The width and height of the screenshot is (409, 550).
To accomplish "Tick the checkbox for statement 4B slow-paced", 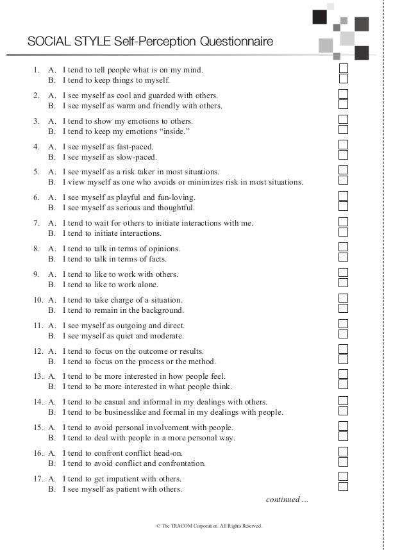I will tap(344, 156).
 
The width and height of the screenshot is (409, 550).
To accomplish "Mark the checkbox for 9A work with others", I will tap(344, 273).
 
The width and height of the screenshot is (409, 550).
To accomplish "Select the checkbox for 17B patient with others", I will tap(344, 487).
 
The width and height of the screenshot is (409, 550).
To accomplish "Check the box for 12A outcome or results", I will tap(344, 350).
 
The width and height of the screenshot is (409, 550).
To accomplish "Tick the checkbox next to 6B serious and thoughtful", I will tap(344, 207).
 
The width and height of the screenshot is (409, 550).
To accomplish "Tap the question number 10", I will tap(37, 300).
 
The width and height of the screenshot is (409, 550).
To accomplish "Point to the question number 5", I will tap(37, 172).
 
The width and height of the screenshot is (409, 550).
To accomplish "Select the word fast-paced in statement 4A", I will tap(133, 147).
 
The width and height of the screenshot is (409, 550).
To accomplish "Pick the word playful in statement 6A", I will tap(126, 197).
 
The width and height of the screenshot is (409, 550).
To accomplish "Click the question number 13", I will tap(37, 376).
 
